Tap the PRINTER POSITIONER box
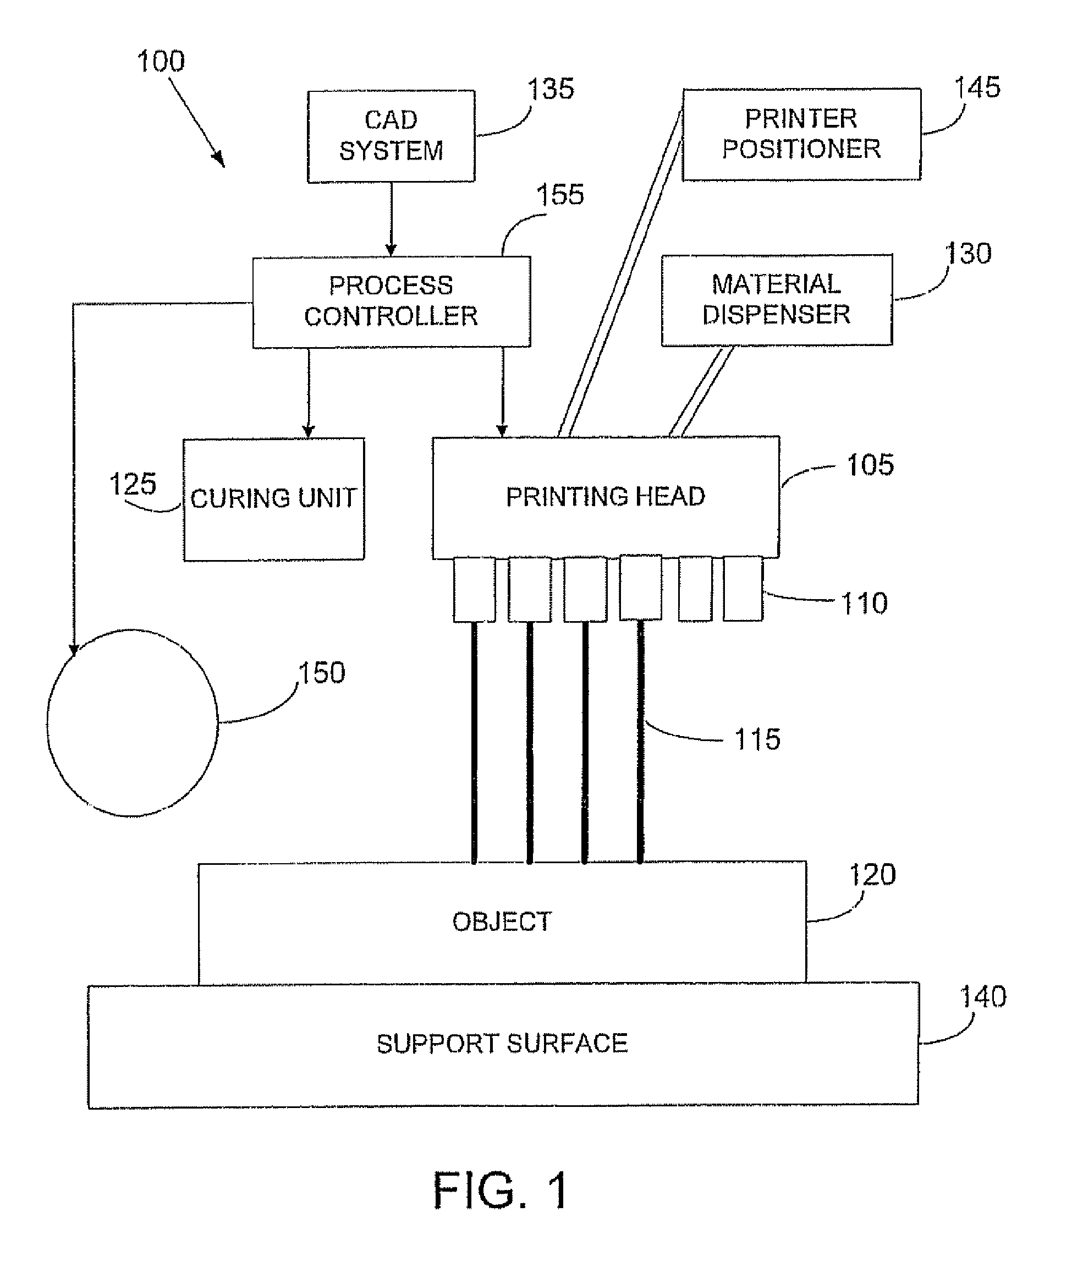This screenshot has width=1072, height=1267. point(801,134)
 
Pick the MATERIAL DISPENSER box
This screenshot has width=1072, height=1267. point(776,300)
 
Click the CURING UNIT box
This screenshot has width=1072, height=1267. point(273,498)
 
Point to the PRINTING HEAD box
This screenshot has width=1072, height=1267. point(605,497)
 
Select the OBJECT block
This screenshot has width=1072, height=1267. point(502,922)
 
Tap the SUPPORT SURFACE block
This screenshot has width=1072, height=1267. point(502,1043)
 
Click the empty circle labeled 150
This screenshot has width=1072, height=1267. point(133,722)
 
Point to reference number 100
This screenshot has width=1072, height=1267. point(161,62)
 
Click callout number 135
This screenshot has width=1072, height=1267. point(551,89)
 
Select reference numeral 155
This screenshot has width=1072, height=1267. point(560,195)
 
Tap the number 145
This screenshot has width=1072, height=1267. point(977,88)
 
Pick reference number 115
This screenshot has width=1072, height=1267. point(757,740)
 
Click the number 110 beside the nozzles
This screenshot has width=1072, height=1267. point(864,604)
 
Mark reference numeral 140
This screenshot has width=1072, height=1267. point(982,997)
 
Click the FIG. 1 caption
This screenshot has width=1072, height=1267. point(502,1191)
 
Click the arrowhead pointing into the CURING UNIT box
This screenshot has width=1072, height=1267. point(308,431)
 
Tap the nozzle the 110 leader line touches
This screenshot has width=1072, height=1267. point(743,588)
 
